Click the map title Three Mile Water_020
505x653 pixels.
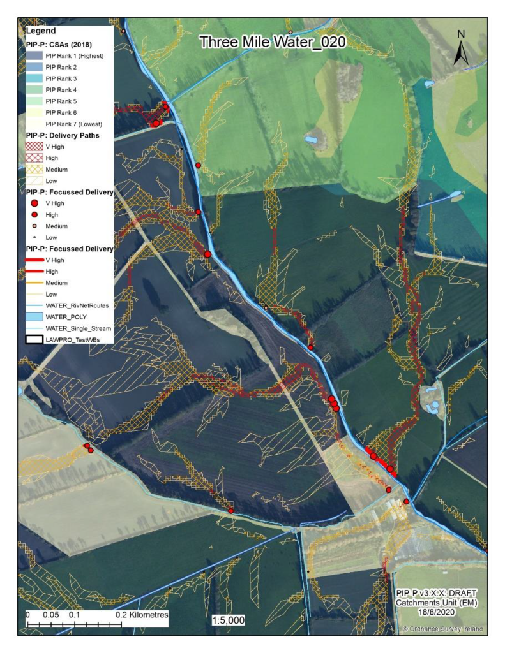pos(273,43)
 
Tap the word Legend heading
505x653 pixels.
pos(41,31)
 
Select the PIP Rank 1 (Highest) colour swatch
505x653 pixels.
pos(35,56)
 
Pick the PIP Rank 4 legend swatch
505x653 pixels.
pos(35,90)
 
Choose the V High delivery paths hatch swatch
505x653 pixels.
pos(35,147)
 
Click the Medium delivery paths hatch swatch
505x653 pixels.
pos(35,170)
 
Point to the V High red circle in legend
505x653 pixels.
pos(35,203)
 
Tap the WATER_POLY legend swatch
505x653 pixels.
pos(35,317)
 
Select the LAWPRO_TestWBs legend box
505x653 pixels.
pos(35,339)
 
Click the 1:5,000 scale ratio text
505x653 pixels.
pos(228,620)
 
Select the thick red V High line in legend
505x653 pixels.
pos(35,260)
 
